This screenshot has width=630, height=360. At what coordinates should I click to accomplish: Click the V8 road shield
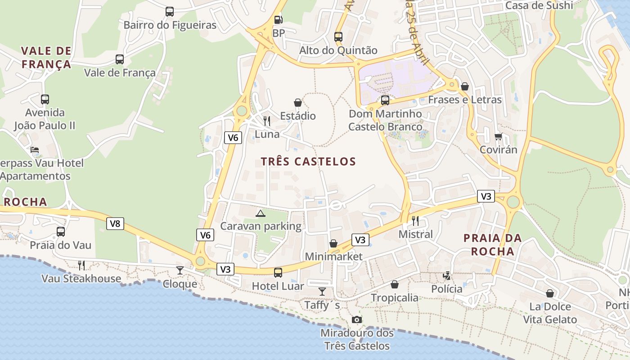pos(115,223)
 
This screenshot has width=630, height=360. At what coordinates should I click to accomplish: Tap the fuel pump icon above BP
pos(279,20)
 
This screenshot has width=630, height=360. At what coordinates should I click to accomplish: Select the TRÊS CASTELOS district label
pos(308,162)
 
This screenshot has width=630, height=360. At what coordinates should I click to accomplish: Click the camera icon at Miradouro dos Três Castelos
pos(356,319)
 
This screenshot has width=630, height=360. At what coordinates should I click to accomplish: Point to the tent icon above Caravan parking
pos(260,213)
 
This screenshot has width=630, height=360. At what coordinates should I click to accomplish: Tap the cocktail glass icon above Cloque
pos(180,270)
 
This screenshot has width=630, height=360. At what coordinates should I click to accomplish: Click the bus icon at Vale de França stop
pos(120,59)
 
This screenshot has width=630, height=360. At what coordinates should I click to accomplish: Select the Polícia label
pos(446,289)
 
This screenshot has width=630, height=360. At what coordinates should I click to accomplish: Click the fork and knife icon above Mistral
pos(415,220)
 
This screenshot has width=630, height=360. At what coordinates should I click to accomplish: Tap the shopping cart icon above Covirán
pos(498,136)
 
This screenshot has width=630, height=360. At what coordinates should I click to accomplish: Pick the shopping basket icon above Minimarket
pos(333,243)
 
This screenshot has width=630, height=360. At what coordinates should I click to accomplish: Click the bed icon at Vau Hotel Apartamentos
pos(35,150)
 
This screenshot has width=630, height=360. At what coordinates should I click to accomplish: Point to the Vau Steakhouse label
pos(81,279)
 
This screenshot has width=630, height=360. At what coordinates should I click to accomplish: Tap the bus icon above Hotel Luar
pos(278,272)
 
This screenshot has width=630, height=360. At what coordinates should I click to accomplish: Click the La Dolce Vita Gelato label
pos(549,313)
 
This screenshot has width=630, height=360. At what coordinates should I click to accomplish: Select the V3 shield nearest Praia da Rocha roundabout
pos(486,196)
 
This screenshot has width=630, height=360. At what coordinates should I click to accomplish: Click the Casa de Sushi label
pos(539,5)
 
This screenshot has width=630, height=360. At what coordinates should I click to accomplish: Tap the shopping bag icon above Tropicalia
pos(395,284)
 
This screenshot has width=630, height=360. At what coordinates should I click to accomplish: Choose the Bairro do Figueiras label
pos(170,25)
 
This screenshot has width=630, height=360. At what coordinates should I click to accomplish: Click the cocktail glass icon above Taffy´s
pos(322,292)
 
